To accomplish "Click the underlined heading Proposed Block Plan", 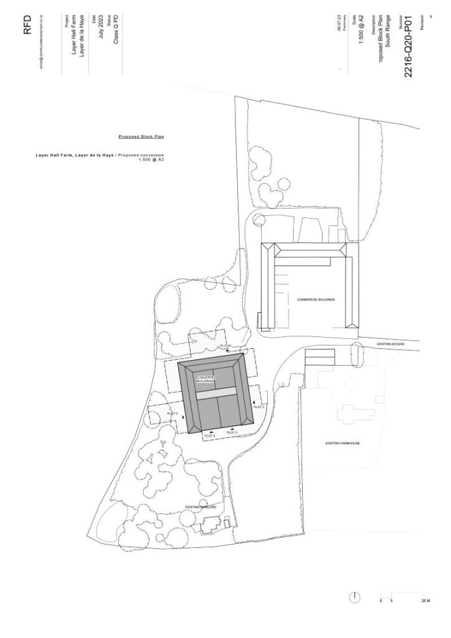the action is [x=141, y=136].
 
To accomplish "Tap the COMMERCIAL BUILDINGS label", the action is [x=316, y=299].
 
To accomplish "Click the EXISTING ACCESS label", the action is [x=391, y=343].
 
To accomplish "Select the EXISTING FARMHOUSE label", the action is [x=343, y=443].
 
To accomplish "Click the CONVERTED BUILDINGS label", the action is [x=206, y=379].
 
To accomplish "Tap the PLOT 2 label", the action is [x=259, y=406].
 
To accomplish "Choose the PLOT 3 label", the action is [x=232, y=432].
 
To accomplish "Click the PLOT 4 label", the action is [x=210, y=436].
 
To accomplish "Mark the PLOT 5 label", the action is [x=173, y=414].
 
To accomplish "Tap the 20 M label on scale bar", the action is [x=425, y=601].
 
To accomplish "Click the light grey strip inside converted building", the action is [x=216, y=393].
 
